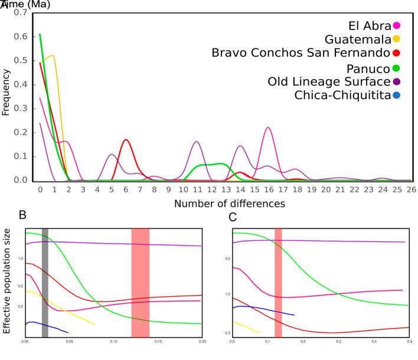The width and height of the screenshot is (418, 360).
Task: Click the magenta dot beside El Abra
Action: click(x=397, y=25)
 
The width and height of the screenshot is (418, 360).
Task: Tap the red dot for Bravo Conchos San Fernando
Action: click(x=397, y=53)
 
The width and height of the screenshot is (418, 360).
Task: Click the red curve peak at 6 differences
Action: click(x=126, y=140)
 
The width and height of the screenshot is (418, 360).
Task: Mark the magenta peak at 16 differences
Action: click(x=268, y=127)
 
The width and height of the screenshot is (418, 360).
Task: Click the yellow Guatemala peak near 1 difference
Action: click(x=53, y=56)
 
